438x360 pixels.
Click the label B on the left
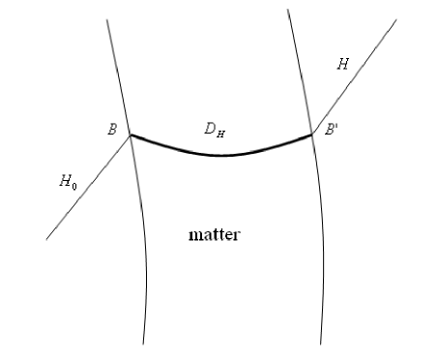(x=113, y=128)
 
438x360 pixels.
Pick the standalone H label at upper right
(x=342, y=64)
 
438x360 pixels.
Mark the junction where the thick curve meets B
(x=131, y=135)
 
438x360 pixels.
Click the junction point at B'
(x=312, y=135)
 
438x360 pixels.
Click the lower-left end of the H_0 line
(x=45, y=238)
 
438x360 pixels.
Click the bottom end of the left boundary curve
(x=144, y=344)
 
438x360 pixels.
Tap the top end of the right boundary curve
(x=289, y=10)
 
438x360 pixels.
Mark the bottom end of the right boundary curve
(x=321, y=344)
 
